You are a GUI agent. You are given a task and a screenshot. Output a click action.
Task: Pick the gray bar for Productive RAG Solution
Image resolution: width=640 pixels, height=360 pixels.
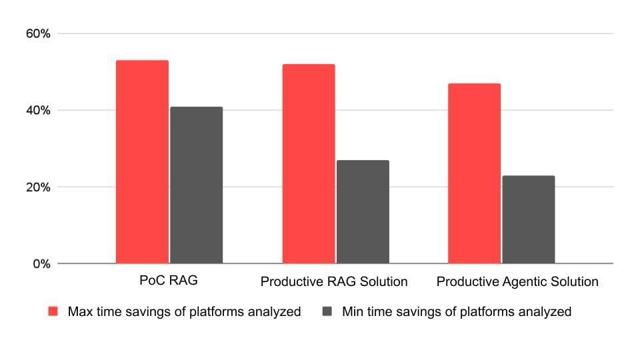click(362, 211)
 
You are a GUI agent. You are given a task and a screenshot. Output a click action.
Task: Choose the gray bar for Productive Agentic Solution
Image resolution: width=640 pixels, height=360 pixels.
click(528, 219)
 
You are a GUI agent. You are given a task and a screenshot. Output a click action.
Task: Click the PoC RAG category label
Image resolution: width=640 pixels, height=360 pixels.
click(169, 281)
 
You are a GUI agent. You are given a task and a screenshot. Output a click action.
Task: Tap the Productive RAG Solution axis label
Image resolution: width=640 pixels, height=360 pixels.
click(334, 282)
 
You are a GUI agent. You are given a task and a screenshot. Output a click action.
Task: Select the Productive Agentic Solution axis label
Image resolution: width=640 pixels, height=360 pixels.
click(517, 282)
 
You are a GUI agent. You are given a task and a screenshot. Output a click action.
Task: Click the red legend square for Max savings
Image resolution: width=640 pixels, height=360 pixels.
click(54, 311)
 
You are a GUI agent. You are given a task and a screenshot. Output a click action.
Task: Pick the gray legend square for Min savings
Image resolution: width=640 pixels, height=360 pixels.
click(327, 311)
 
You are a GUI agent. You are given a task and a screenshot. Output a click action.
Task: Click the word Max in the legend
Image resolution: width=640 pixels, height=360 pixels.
click(79, 311)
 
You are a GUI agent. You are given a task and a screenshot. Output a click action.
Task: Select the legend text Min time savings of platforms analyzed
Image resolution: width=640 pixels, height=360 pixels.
click(456, 311)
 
